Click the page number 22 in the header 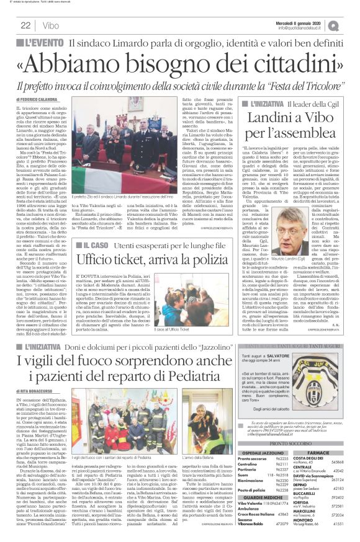pos(26,25)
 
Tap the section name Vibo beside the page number pos(52,25)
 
